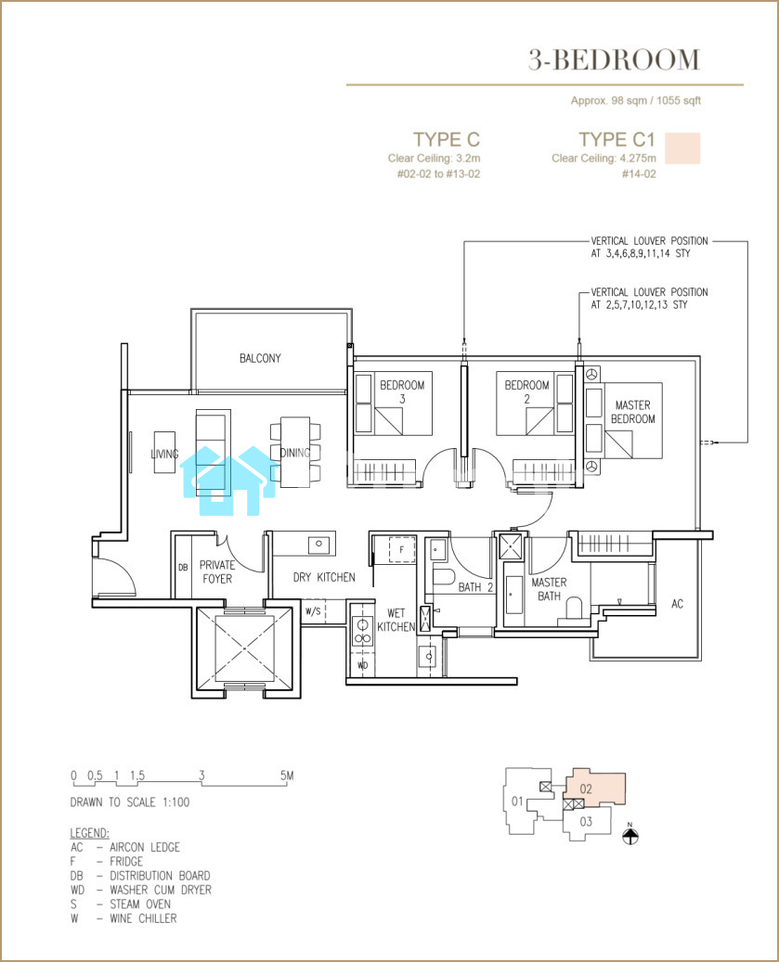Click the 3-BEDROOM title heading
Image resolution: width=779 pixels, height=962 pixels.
pyautogui.click(x=614, y=59)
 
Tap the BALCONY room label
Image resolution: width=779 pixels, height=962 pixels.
pyautogui.click(x=260, y=358)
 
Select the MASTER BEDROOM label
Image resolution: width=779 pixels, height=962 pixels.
pyautogui.click(x=633, y=412)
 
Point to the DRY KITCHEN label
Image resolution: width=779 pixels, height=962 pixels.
pyautogui.click(x=324, y=577)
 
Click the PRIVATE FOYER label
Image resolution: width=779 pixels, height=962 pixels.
pyautogui.click(x=217, y=571)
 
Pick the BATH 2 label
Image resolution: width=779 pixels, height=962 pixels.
pyautogui.click(x=475, y=587)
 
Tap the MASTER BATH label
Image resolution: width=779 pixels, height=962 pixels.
pyautogui.click(x=549, y=589)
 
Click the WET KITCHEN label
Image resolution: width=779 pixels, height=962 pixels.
pyautogui.click(x=396, y=620)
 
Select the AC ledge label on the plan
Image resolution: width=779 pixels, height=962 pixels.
pyautogui.click(x=677, y=604)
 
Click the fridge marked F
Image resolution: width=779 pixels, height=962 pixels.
pyautogui.click(x=402, y=549)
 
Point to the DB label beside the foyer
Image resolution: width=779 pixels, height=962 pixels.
pyautogui.click(x=183, y=568)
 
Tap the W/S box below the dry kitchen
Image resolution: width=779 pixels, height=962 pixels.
pyautogui.click(x=313, y=611)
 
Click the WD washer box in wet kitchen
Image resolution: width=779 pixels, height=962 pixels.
pyautogui.click(x=362, y=665)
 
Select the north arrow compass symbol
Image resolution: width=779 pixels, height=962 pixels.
pyautogui.click(x=630, y=834)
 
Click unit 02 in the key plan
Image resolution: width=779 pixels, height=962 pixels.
pyautogui.click(x=586, y=789)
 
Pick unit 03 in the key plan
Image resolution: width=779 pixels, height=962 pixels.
pyautogui.click(x=586, y=821)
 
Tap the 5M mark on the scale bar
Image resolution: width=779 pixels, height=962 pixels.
pyautogui.click(x=287, y=776)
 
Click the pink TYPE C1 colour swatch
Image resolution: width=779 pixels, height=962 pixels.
pyautogui.click(x=682, y=148)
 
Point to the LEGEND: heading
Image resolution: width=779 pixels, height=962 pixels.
pyautogui.click(x=90, y=833)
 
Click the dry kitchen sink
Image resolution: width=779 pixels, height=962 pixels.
pyautogui.click(x=318, y=544)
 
